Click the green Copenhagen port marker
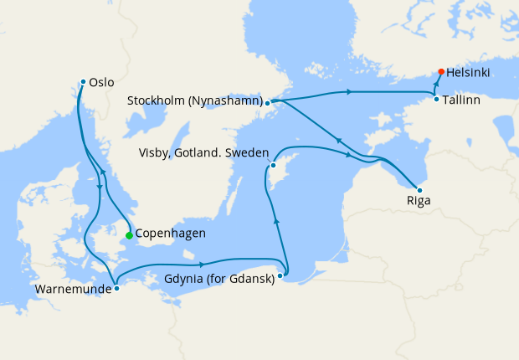(129, 235)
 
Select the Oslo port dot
(83, 81)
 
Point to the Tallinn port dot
(436, 100)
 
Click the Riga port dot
(419, 190)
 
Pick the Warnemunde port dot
(116, 288)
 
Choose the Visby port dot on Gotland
(273, 165)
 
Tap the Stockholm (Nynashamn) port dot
(267, 104)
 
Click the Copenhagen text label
(170, 234)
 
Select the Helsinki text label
(469, 74)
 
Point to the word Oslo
(101, 83)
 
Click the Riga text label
(419, 201)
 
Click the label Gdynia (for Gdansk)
(219, 280)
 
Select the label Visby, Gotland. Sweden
(204, 153)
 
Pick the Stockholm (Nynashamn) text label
(194, 101)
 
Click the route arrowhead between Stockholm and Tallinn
(347, 90)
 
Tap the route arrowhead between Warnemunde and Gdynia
(203, 264)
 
